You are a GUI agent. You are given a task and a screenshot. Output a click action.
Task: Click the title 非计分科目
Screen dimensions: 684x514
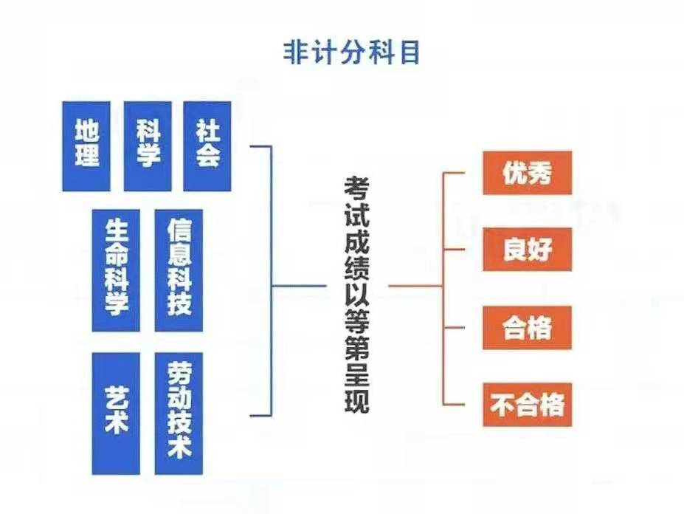[x=352, y=53]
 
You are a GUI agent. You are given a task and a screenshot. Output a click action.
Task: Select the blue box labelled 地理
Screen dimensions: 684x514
[x=86, y=146]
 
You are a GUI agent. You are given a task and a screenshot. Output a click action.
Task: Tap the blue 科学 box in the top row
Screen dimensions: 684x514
[x=148, y=146]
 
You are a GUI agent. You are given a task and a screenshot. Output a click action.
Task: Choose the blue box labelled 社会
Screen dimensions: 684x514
[x=207, y=146]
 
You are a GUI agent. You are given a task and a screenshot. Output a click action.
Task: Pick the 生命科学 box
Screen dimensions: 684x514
[x=116, y=270]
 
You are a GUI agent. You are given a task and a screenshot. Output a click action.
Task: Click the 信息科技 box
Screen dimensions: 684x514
[x=179, y=270]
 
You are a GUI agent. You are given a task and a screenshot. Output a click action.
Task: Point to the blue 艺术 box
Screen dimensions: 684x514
[x=116, y=414]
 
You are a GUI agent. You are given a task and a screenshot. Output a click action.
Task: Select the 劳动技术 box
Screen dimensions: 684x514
[x=179, y=414]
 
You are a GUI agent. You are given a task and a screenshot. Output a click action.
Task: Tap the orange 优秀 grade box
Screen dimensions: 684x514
[x=528, y=173]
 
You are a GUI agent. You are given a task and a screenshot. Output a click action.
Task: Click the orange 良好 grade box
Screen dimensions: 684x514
[x=528, y=250]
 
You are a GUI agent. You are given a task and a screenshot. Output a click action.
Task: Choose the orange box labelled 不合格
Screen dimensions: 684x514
[x=528, y=405]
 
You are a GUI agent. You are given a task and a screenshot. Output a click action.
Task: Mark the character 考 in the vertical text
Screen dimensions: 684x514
[x=357, y=188]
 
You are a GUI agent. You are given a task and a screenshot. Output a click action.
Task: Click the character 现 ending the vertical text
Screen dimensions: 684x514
[x=357, y=401]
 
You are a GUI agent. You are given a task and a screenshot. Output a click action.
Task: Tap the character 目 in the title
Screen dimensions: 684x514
[x=410, y=53]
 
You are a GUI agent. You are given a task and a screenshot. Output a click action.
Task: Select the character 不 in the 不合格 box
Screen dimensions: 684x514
[x=502, y=405]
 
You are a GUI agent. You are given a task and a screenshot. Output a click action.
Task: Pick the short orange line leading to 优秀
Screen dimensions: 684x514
[x=454, y=173]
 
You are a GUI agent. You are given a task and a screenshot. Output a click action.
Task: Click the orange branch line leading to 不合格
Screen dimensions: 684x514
[x=454, y=405]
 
